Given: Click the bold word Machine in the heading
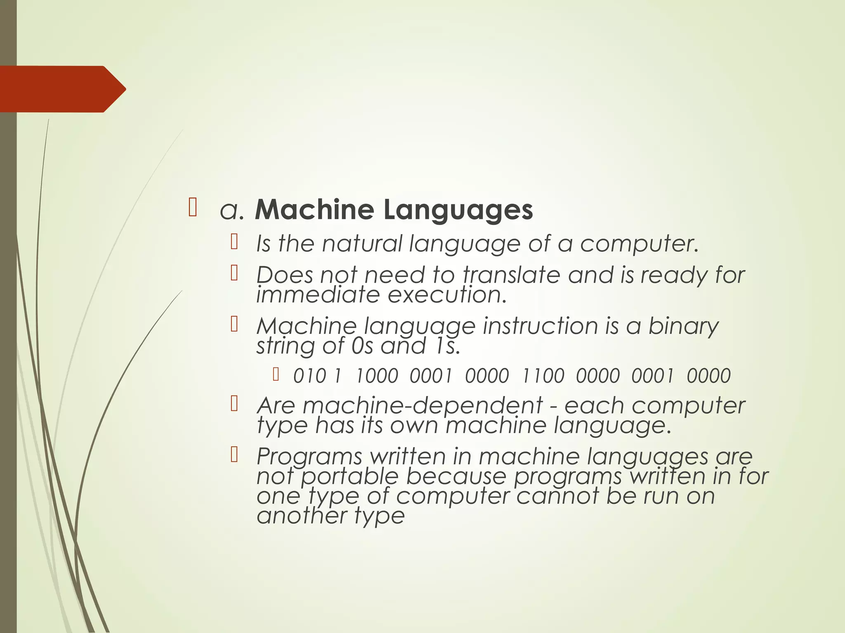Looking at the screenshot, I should pos(314,210).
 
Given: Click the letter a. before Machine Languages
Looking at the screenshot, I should pos(232,211).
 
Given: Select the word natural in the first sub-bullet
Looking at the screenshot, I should pos(362,244).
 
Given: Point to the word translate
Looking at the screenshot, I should pos(511,275).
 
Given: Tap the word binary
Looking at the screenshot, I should pos(683,326).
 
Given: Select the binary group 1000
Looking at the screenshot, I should pos(377,376).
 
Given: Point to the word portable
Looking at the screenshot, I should pos(349,477).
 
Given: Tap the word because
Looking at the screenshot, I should pos(456,477).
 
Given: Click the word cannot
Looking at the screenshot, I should pos(557,496).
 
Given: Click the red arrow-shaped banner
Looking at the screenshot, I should pos(62,89).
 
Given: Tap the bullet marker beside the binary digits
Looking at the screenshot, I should pos(276,375).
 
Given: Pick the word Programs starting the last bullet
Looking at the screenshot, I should pos(309,457).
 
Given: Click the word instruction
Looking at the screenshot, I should pos(541,326).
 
